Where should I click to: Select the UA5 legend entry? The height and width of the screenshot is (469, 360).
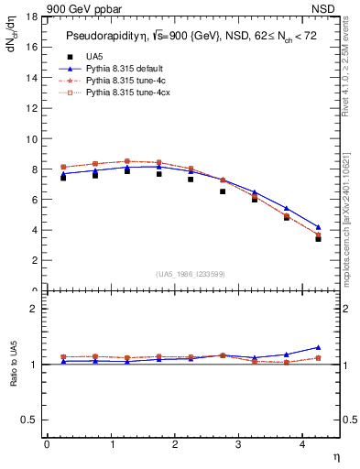[93, 56]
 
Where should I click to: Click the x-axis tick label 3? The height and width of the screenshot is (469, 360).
[238, 444]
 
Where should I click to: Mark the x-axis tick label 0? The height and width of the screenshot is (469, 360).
[47, 444]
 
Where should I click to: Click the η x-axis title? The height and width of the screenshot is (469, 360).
[336, 455]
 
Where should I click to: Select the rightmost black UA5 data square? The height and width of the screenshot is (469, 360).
[318, 238]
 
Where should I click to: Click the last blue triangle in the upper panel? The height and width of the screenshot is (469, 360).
[318, 227]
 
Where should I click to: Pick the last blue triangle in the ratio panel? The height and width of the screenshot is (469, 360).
[318, 347]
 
